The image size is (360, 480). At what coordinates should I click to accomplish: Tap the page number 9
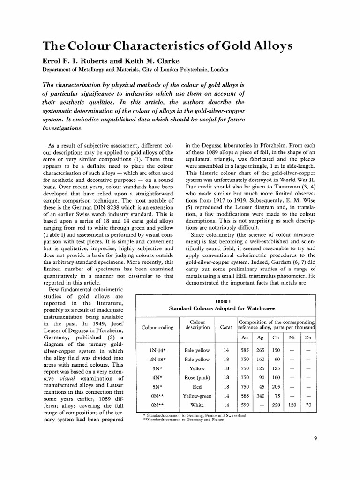click(x=316, y=439)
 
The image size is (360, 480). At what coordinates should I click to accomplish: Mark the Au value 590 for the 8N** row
click(x=244, y=405)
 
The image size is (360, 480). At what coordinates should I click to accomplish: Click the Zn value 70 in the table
click(x=307, y=405)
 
